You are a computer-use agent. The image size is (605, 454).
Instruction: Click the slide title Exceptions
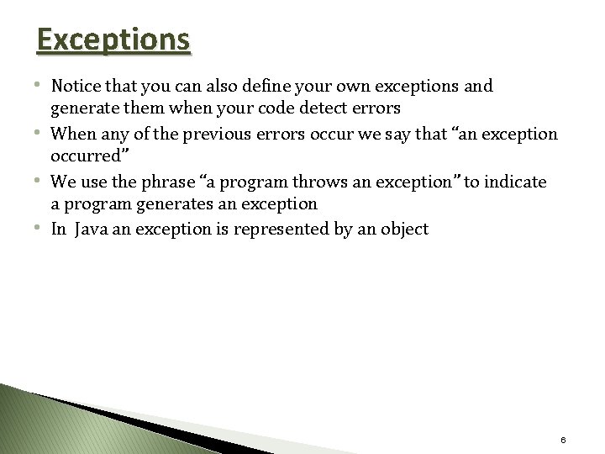click(x=113, y=40)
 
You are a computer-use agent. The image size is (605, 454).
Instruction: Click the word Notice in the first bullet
click(x=76, y=86)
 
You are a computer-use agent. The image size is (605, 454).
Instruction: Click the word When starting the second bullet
click(x=73, y=134)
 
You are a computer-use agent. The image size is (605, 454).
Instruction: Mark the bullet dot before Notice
click(x=42, y=86)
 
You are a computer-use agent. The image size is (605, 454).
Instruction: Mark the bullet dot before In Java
click(x=42, y=227)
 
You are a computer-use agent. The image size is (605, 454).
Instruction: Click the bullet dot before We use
click(x=42, y=180)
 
